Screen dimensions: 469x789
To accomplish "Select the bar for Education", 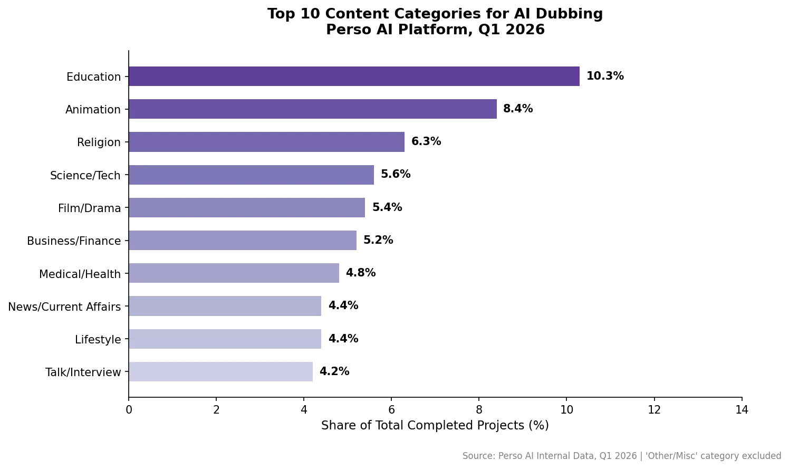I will [x=354, y=76].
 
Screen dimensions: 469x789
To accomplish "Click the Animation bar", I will [x=312, y=109].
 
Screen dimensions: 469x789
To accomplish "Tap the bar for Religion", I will [x=266, y=142].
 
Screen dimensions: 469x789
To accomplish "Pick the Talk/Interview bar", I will [x=220, y=372].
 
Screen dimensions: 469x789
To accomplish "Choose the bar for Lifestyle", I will [x=225, y=339].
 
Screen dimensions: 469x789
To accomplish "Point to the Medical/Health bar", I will [x=234, y=273].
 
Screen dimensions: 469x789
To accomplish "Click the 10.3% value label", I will [x=605, y=76].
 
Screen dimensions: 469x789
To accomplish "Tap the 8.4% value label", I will [x=518, y=109].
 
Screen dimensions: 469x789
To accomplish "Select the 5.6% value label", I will [x=396, y=175].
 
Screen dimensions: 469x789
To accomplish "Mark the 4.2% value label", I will [x=334, y=372].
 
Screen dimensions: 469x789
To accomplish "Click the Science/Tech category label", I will [x=85, y=176].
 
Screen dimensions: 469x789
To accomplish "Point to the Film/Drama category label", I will [x=90, y=208].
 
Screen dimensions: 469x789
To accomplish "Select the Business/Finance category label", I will [x=74, y=241].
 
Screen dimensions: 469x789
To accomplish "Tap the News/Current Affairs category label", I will [x=64, y=307].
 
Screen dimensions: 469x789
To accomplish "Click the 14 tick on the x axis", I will [x=742, y=410].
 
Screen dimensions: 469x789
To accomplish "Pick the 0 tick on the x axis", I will [x=129, y=410].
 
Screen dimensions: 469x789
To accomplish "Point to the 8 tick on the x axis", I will [x=479, y=410].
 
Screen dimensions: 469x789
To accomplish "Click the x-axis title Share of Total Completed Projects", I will [x=435, y=426].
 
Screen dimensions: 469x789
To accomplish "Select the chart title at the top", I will [x=435, y=22].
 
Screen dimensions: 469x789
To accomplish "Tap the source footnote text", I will [x=622, y=456].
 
